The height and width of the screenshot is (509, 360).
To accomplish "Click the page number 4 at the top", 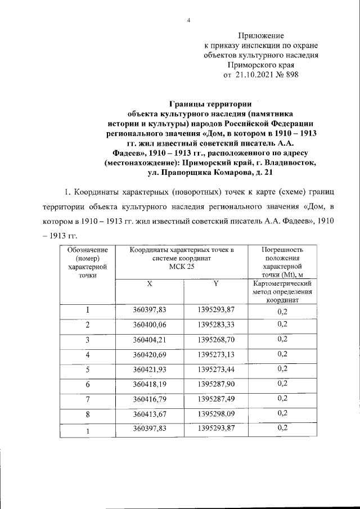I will pos(189,21).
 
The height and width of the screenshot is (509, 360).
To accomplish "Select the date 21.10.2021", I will pos(255,74).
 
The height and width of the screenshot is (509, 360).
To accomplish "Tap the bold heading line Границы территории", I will pos(210,103).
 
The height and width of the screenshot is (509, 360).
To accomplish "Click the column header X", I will pos(150,284).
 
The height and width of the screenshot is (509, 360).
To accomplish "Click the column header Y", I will pos(216,284).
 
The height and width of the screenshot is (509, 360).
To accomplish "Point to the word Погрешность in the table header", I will pos(283,250).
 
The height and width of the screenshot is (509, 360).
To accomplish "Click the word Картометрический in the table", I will pos(283,285).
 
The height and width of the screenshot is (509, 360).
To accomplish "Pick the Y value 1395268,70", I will pos(216,340).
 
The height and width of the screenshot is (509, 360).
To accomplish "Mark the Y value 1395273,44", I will pos(216,369).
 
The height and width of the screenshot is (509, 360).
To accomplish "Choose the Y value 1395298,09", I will pos(216,413).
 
